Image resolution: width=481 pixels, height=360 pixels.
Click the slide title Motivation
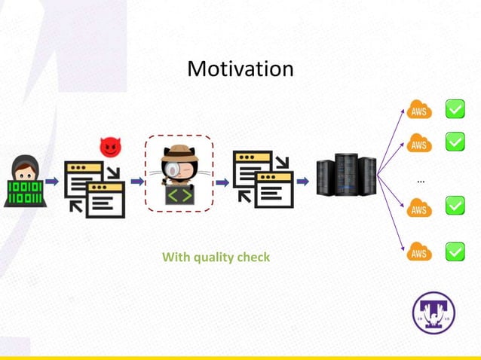coord(240,69)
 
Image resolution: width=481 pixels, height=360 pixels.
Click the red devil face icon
coord(110,147)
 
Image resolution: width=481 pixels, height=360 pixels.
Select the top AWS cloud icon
coord(419,110)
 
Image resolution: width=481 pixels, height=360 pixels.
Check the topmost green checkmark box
coord(455,110)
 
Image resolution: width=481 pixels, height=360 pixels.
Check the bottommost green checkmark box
coord(455,252)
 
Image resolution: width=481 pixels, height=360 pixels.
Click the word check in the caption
coord(253,258)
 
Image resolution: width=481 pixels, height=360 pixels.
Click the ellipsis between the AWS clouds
coord(420,181)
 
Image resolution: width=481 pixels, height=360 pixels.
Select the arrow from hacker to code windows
coord(52,181)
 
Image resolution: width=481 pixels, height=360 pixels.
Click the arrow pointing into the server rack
coord(302,181)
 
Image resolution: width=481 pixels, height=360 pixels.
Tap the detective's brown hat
coord(179,151)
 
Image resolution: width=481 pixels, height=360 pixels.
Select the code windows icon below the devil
coord(95,188)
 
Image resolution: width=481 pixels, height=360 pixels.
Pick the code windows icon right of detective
coord(262,179)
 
